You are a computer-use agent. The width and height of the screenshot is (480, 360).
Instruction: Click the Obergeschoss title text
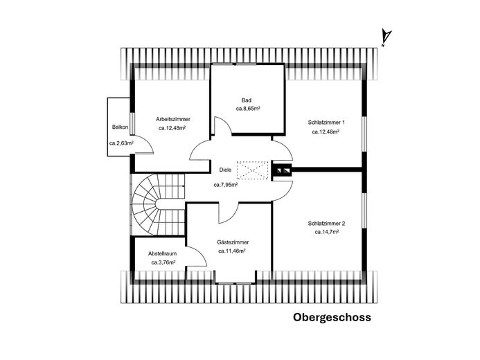coord(332,318)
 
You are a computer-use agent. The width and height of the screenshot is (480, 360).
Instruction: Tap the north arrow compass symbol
coord(387,37)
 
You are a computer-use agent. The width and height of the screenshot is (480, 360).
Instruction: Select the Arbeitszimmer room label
coord(174,119)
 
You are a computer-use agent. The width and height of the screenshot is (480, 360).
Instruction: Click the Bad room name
coord(247,100)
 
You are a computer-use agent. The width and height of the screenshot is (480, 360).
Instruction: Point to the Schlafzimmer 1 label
coord(326,122)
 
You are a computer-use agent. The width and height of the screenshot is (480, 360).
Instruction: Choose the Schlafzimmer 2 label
coord(326,223)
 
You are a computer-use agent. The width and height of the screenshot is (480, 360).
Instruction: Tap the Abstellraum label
coord(162,254)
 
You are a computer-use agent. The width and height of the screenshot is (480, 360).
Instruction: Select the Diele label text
coord(225,169)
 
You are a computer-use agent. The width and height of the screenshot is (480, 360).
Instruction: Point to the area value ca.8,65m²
coord(247,109)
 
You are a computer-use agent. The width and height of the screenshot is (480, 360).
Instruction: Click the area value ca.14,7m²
coord(325,233)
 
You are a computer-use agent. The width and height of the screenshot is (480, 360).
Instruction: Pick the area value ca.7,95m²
coord(226,185)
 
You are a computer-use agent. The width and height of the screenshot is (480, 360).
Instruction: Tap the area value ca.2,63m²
coord(121,144)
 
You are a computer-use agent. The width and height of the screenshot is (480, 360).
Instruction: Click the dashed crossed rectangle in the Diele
coord(252,170)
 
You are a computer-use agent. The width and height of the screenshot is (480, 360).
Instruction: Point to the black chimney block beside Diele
coord(283,170)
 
